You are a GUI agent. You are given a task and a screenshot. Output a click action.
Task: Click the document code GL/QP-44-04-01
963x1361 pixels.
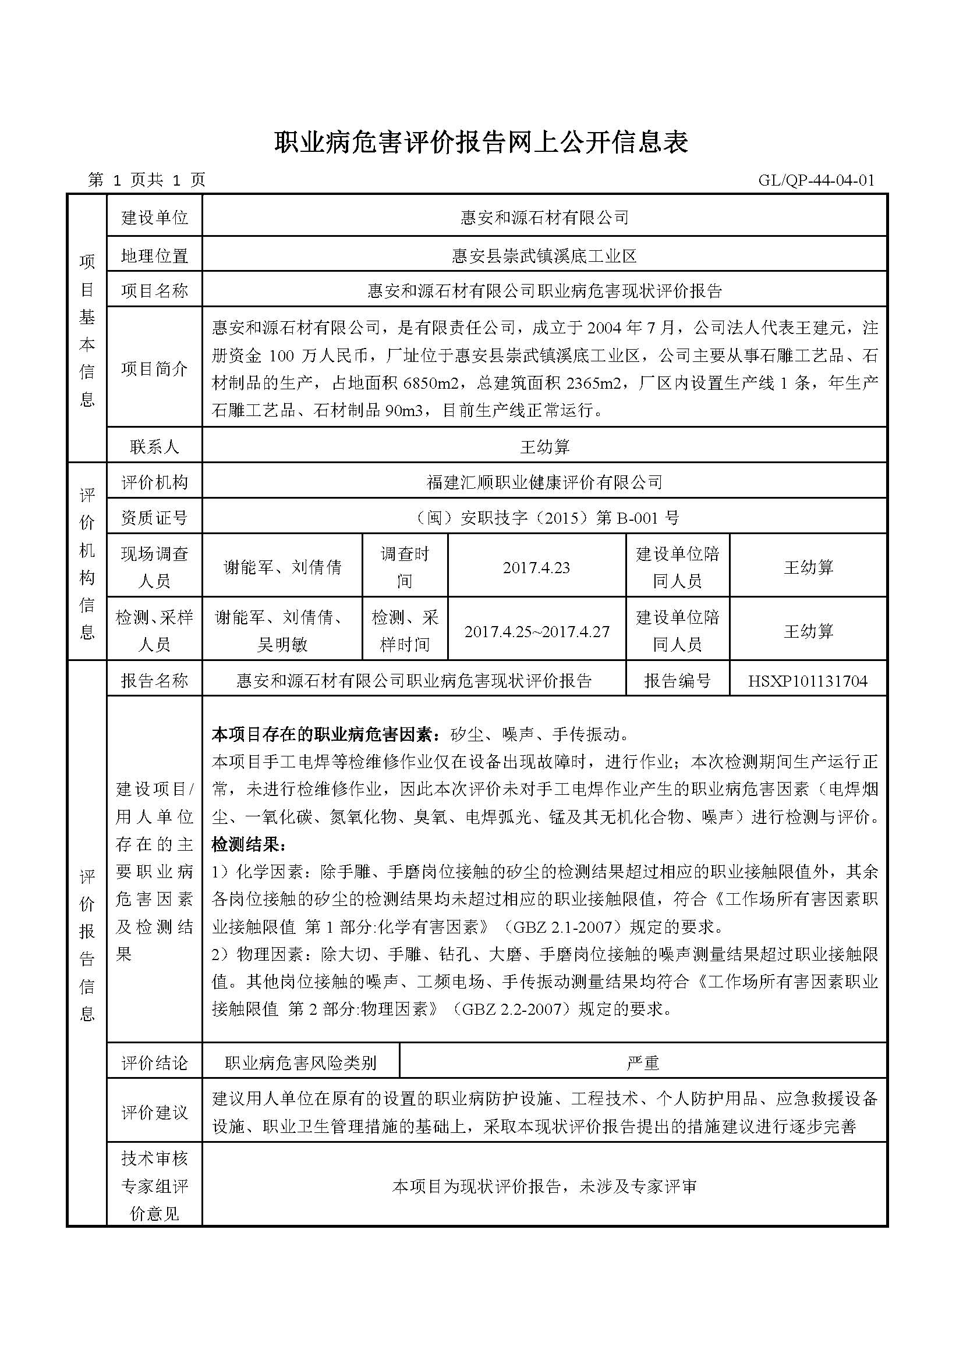pyautogui.click(x=816, y=180)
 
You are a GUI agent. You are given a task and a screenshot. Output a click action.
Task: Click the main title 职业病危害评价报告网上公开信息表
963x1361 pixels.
pyautogui.click(x=481, y=143)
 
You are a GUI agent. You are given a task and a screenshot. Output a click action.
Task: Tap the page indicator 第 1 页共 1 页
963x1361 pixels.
pyautogui.click(x=146, y=180)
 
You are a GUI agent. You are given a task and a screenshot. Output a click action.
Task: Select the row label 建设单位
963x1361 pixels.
pyautogui.click(x=154, y=218)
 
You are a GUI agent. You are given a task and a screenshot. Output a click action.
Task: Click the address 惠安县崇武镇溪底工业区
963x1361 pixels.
pyautogui.click(x=544, y=256)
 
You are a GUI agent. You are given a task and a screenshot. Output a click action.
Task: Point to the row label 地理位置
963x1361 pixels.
pyautogui.click(x=154, y=256)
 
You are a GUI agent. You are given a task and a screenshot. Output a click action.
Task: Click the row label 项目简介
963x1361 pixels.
pyautogui.click(x=154, y=369)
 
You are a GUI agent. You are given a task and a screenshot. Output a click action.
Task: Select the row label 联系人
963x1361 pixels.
pyautogui.click(x=154, y=446)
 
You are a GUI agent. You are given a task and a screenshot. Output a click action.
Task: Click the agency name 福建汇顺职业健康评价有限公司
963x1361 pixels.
pyautogui.click(x=544, y=482)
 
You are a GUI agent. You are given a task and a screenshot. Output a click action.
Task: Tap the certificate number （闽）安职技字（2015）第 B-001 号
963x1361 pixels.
pyautogui.click(x=544, y=518)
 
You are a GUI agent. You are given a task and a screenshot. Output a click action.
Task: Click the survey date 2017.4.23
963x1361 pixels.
pyautogui.click(x=536, y=567)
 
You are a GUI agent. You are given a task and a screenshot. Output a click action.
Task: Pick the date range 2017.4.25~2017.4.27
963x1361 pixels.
pyautogui.click(x=537, y=631)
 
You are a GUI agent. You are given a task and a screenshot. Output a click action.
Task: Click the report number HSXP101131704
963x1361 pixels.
pyautogui.click(x=808, y=681)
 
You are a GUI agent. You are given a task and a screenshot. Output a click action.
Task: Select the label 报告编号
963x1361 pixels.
pyautogui.click(x=677, y=681)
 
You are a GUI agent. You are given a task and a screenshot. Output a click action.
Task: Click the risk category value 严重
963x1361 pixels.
pyautogui.click(x=643, y=1063)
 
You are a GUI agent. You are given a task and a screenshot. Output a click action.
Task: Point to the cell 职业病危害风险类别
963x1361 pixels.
pyautogui.click(x=300, y=1063)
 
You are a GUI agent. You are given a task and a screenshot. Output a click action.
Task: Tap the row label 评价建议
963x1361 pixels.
pyautogui.click(x=154, y=1113)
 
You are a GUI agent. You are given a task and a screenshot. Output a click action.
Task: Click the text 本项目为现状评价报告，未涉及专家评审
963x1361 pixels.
pyautogui.click(x=544, y=1186)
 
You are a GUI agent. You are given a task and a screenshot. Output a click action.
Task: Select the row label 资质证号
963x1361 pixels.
pyautogui.click(x=154, y=518)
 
